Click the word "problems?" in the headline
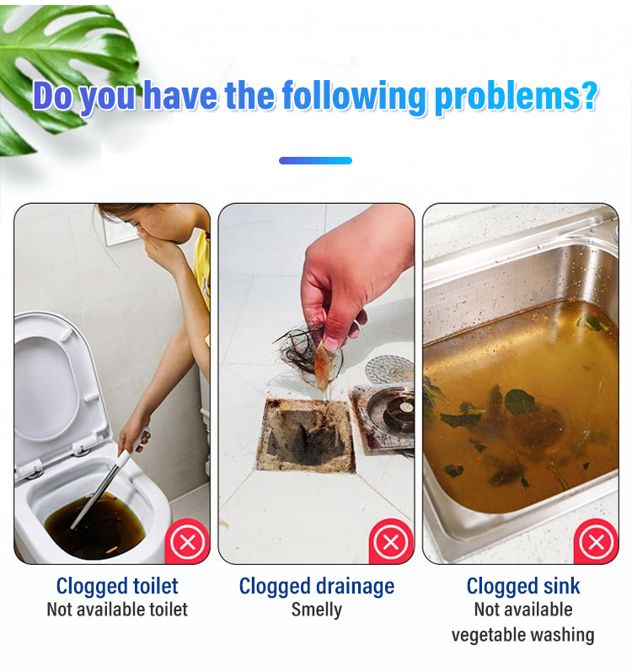(516, 97)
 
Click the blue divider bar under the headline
(315, 161)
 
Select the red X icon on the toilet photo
(188, 541)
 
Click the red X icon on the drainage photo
(390, 541)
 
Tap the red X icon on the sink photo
(596, 541)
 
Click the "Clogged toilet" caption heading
(117, 587)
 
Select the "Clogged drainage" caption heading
(317, 587)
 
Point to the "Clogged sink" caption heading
(523, 587)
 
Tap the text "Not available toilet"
(117, 610)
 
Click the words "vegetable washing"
(522, 635)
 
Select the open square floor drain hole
(305, 435)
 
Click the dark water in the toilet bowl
(95, 528)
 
